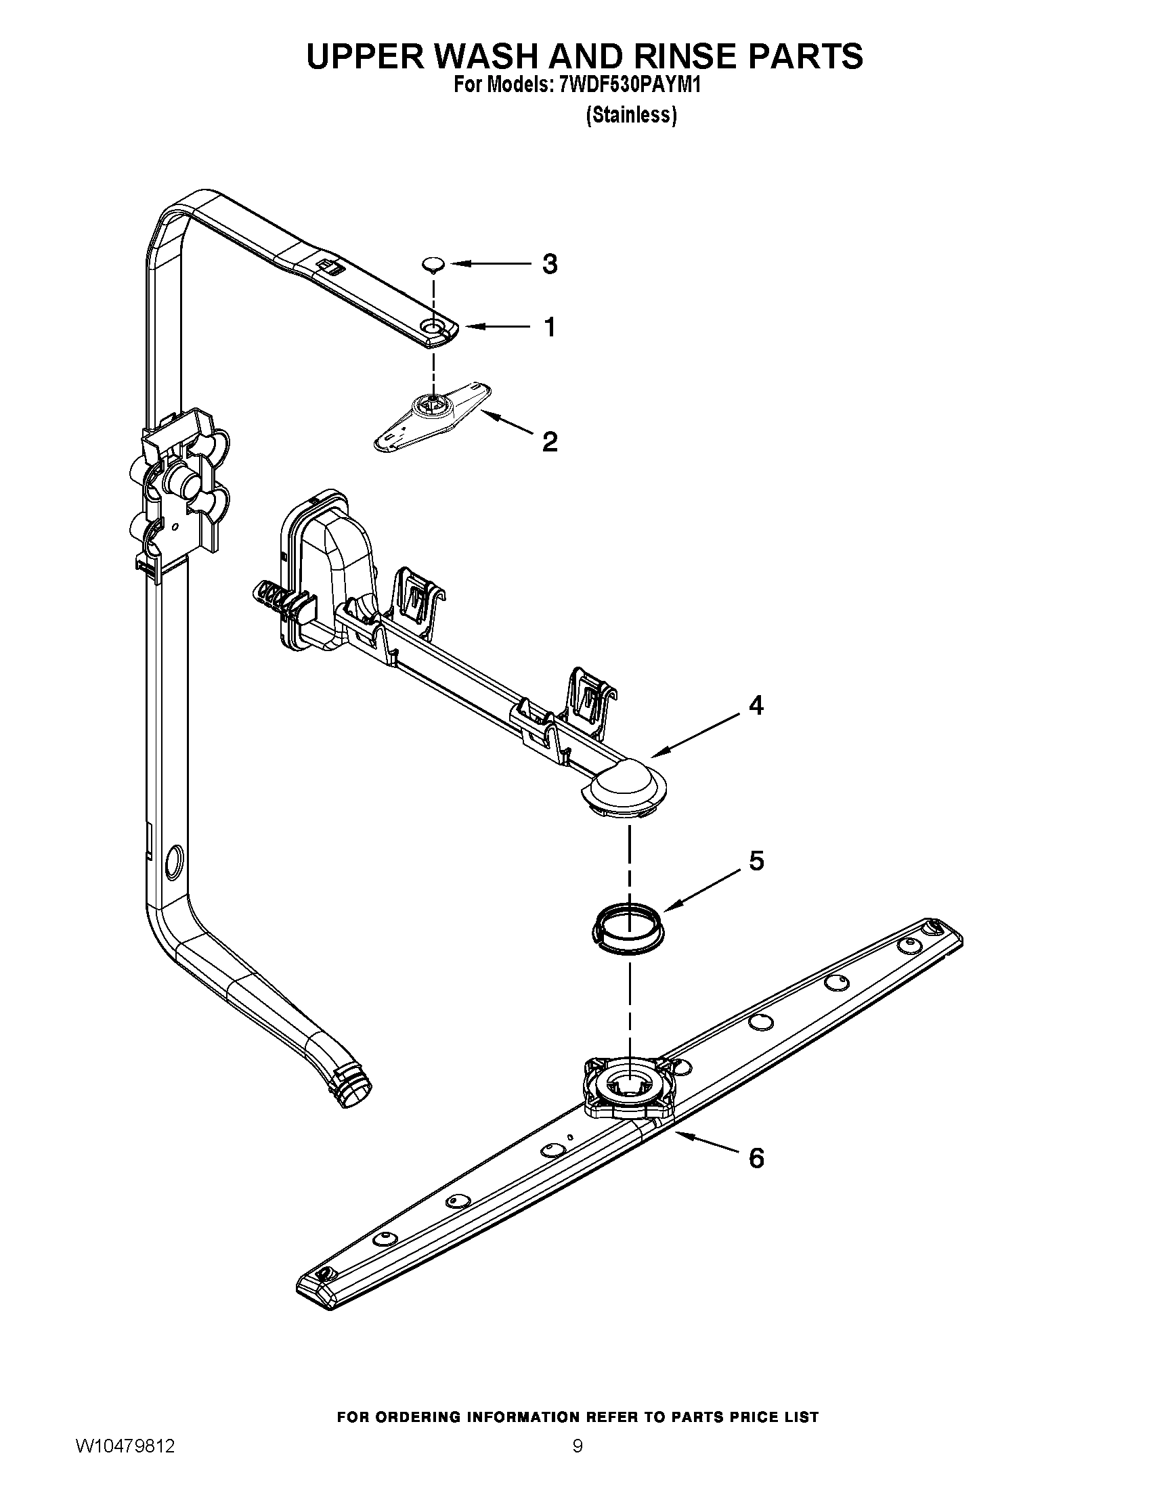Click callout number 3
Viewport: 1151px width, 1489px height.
click(550, 264)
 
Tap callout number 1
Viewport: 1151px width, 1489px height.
click(550, 328)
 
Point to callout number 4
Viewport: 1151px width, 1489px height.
click(756, 706)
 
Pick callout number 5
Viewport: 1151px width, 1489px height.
click(756, 862)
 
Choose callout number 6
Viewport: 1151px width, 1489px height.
click(756, 1158)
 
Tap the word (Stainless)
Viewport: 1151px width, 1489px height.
click(631, 115)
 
